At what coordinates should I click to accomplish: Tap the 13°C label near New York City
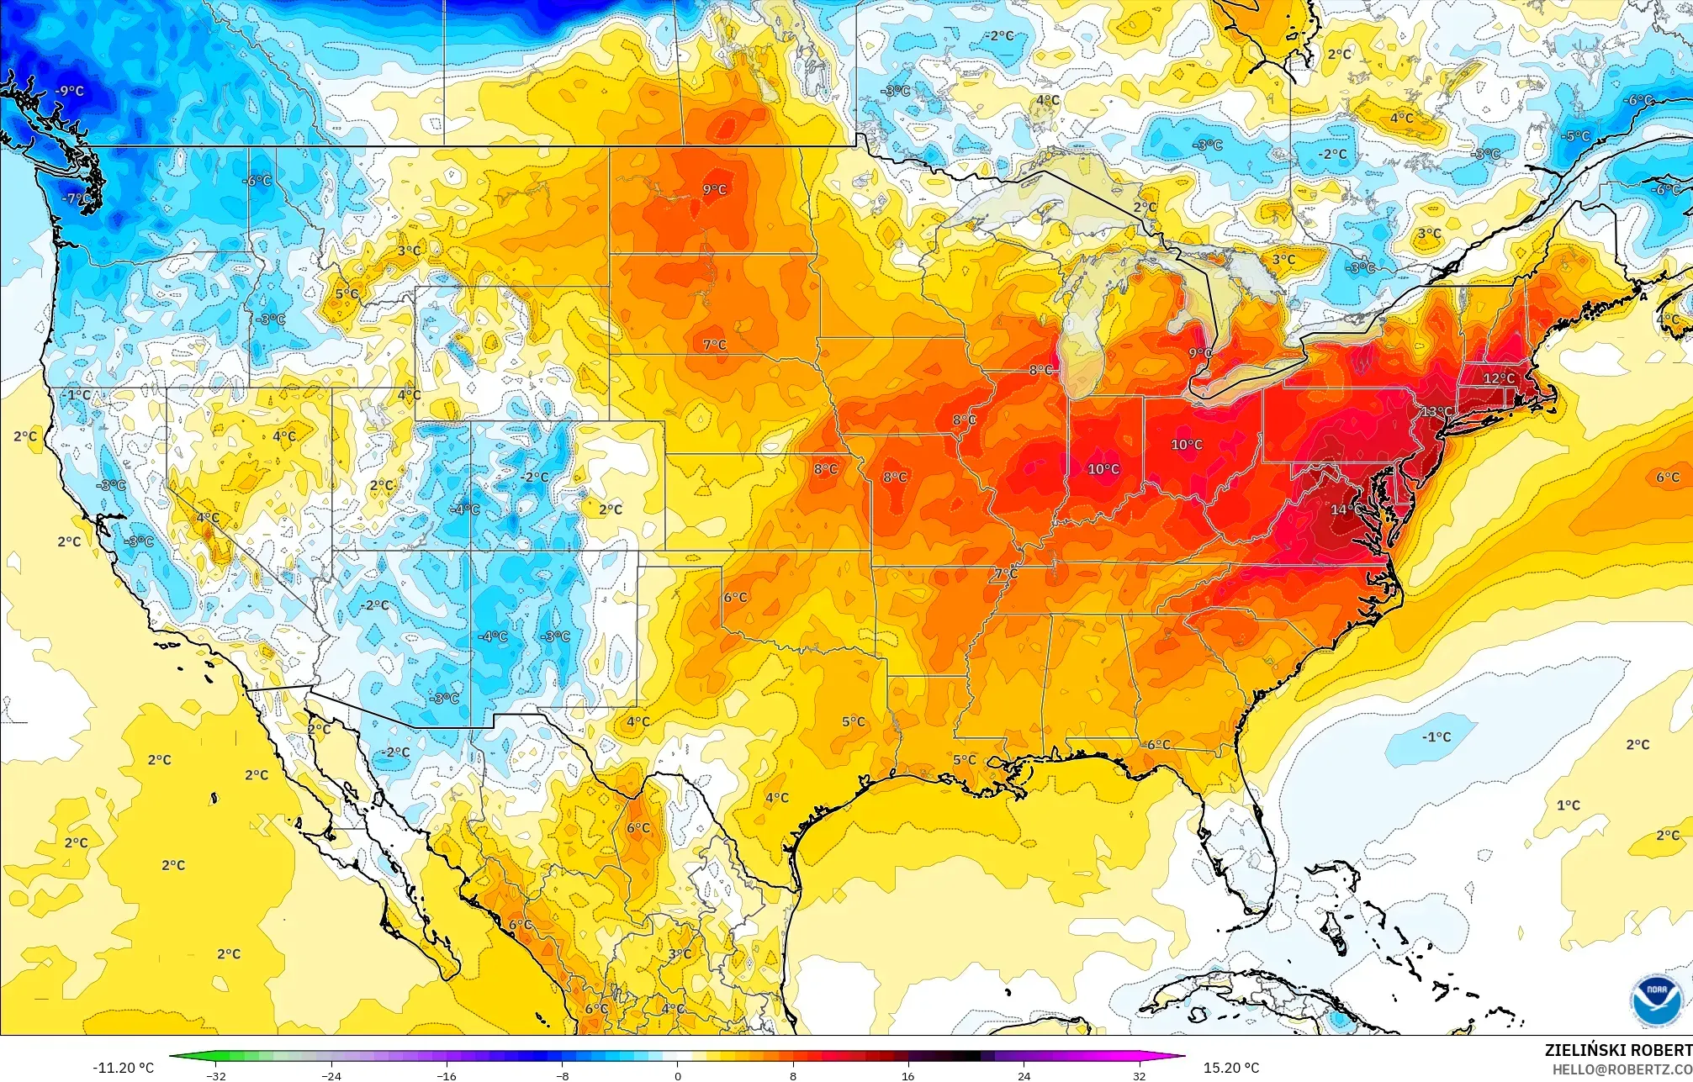(1436, 412)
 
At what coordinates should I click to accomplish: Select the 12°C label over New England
(1498, 378)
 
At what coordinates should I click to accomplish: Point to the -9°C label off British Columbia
(69, 91)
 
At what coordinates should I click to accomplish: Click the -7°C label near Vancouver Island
(77, 199)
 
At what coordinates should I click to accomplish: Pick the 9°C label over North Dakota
(714, 190)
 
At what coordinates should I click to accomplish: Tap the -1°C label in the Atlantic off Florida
(1436, 737)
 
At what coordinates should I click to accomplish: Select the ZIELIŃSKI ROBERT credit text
(1617, 1050)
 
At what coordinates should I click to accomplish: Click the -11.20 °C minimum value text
(123, 1068)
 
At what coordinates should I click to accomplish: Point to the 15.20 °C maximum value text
(1231, 1068)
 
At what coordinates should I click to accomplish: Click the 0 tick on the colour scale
(678, 1075)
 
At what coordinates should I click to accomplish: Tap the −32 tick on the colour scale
(216, 1075)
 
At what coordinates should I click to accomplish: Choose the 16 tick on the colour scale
(907, 1075)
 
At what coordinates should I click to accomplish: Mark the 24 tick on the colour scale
(1024, 1075)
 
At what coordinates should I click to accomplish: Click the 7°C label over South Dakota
(714, 345)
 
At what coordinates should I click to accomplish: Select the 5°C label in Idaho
(347, 294)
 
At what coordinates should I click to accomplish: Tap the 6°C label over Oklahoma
(735, 598)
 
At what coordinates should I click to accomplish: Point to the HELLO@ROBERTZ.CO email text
(1622, 1069)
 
